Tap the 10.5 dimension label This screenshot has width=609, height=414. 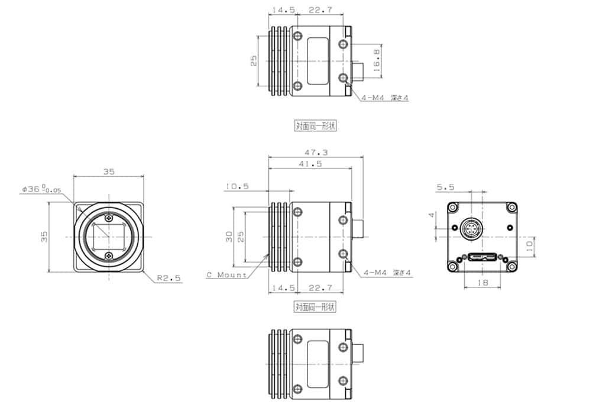237,186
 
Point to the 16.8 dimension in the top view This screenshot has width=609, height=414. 376,61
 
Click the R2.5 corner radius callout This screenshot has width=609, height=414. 169,277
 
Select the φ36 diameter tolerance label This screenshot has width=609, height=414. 41,189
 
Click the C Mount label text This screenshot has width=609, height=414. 226,275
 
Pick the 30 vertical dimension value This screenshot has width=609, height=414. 228,237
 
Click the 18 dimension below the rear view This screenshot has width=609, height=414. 483,284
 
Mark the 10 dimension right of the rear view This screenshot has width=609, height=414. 530,243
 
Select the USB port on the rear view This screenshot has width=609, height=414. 483,258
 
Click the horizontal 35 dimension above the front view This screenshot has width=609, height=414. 109,172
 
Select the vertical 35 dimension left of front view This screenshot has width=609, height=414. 44,237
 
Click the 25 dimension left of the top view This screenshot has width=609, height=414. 254,61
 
